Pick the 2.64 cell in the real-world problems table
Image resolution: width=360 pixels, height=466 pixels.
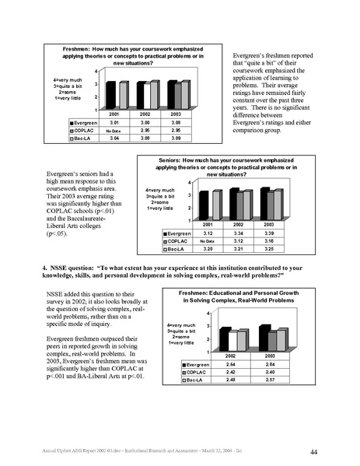226,365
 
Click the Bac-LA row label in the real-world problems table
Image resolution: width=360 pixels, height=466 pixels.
194,380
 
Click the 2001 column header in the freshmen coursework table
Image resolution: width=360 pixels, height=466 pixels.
114,114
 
